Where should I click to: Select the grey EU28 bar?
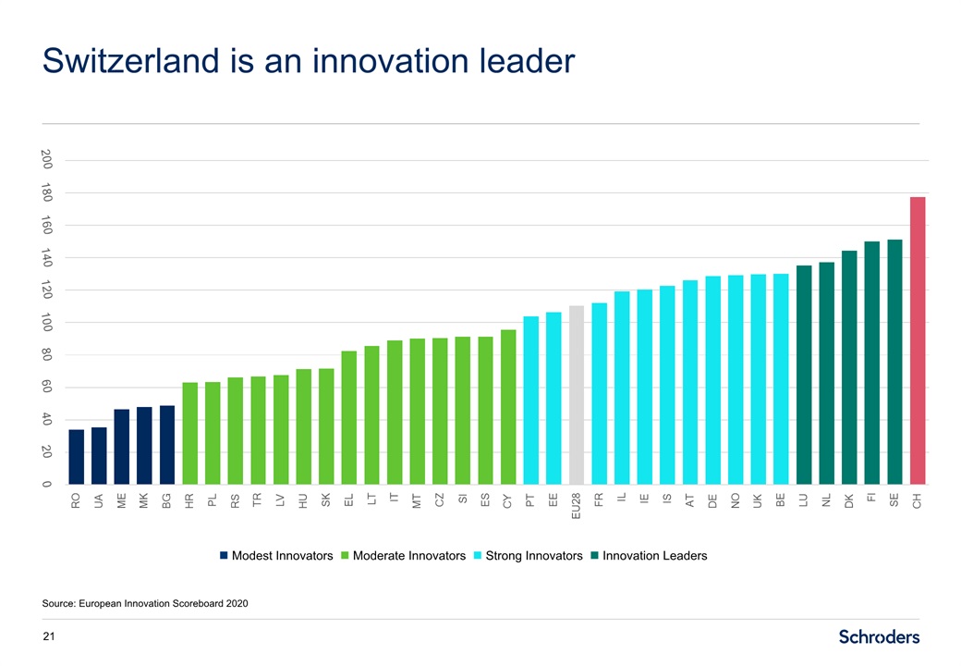click(577, 395)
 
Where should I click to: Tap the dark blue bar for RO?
click(77, 457)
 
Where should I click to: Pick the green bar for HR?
click(190, 433)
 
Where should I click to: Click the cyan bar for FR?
click(599, 393)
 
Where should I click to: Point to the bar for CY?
click(508, 407)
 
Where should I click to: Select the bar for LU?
click(804, 375)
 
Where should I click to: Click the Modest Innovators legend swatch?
click(223, 556)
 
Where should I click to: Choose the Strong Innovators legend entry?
click(527, 556)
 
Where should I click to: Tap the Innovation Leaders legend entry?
click(648, 556)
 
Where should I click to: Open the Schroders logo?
click(879, 636)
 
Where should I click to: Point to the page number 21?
click(49, 636)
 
